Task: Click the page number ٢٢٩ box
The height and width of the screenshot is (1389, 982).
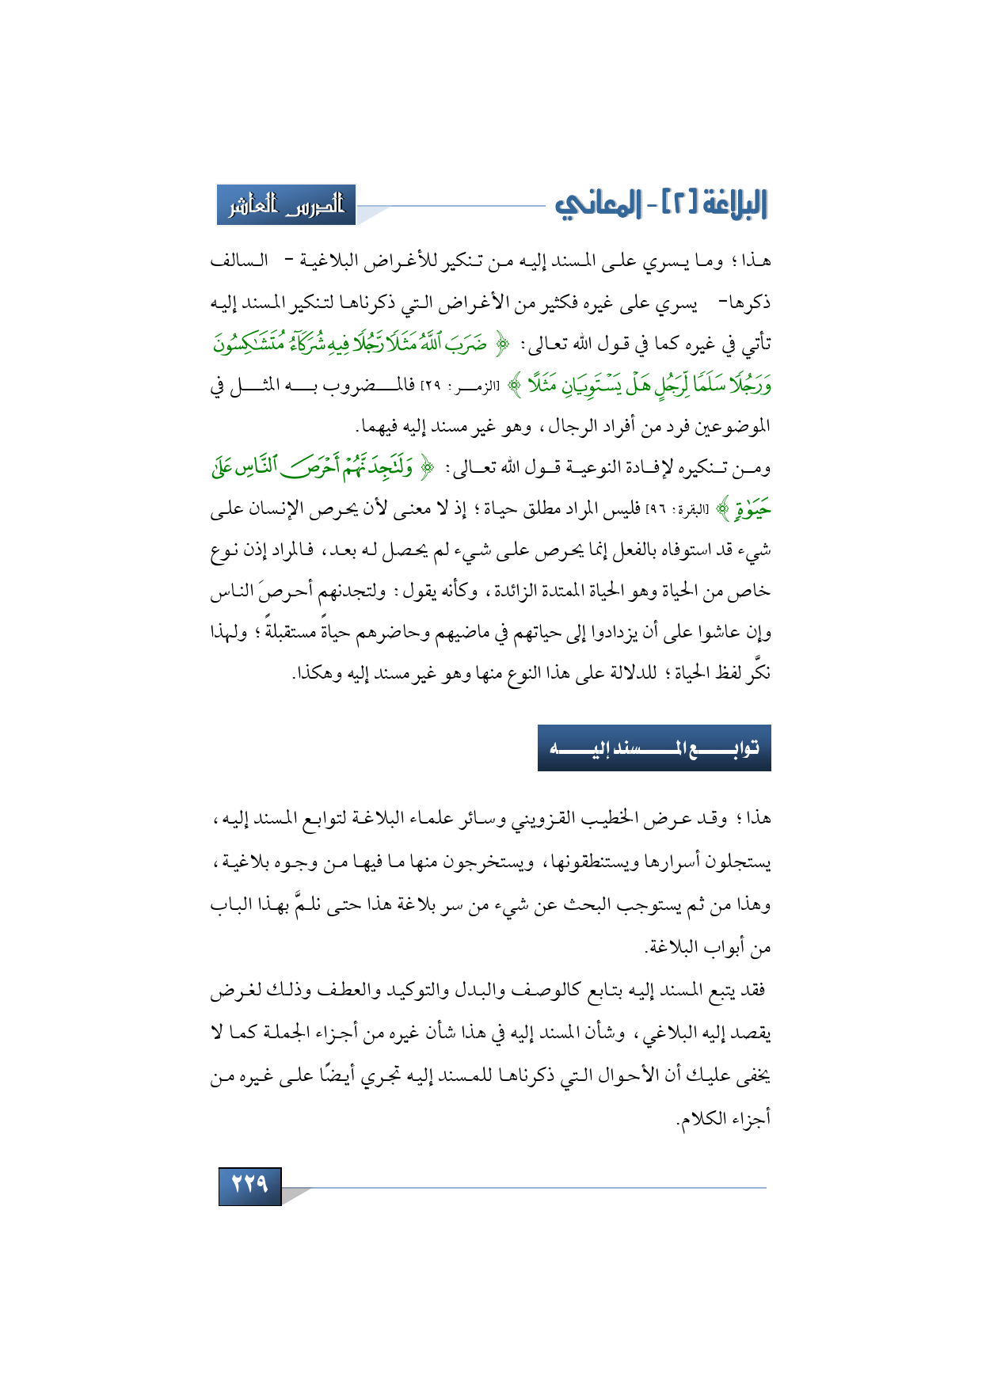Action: coord(249,1185)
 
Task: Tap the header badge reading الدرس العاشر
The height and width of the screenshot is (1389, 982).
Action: coord(286,205)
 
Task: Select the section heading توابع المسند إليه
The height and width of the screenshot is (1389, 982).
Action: coord(654,748)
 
